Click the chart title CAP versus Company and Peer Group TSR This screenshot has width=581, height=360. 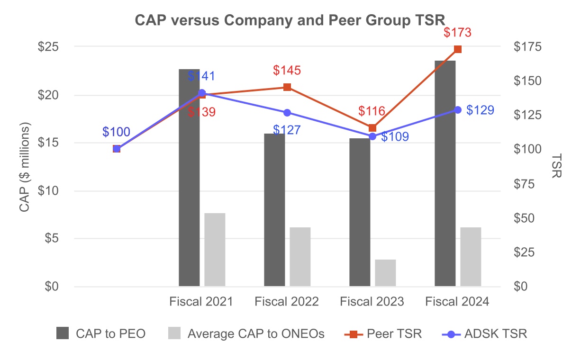point(290,20)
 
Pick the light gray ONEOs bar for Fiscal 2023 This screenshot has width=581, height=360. point(385,273)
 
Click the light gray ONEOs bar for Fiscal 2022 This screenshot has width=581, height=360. point(300,257)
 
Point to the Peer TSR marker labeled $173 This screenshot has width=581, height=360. point(458,49)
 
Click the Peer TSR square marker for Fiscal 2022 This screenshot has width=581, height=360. point(287,87)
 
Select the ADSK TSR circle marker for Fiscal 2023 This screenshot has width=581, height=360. point(372,136)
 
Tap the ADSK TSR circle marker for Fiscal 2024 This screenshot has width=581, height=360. point(458,109)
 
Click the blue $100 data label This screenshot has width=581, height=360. point(116,132)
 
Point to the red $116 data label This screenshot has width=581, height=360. point(372,111)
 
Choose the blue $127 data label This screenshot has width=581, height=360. point(287,129)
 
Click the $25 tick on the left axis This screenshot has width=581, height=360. point(49,47)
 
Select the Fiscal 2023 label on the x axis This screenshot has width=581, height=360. point(372,302)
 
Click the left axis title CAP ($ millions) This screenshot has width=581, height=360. point(25,167)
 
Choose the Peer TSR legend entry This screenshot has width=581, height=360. point(383,333)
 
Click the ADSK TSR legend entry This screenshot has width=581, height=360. point(484,333)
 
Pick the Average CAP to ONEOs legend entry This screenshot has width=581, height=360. point(246,333)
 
